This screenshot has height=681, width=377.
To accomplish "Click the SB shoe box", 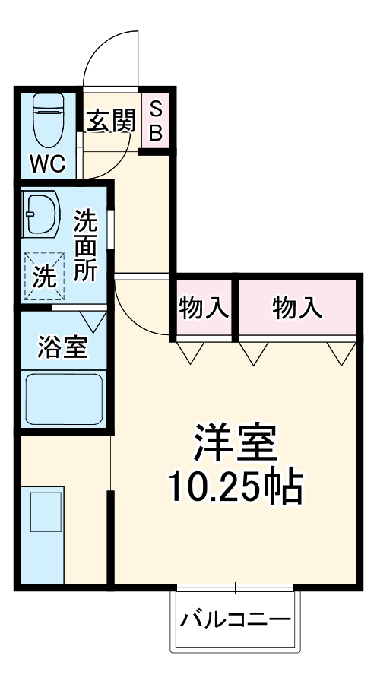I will [x=155, y=122].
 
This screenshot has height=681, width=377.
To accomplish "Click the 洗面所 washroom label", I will [x=85, y=245].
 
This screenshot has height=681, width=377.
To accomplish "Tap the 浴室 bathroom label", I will [x=63, y=347].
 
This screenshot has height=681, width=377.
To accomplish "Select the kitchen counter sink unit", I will [x=46, y=536].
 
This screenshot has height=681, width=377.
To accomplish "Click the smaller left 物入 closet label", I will [x=203, y=308].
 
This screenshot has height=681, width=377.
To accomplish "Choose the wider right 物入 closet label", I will [x=296, y=308].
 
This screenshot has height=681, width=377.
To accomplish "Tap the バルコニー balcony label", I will [x=235, y=620].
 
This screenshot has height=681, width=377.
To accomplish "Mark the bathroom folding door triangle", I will [x=95, y=321].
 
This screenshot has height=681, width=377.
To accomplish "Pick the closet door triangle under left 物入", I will [x=190, y=350].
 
